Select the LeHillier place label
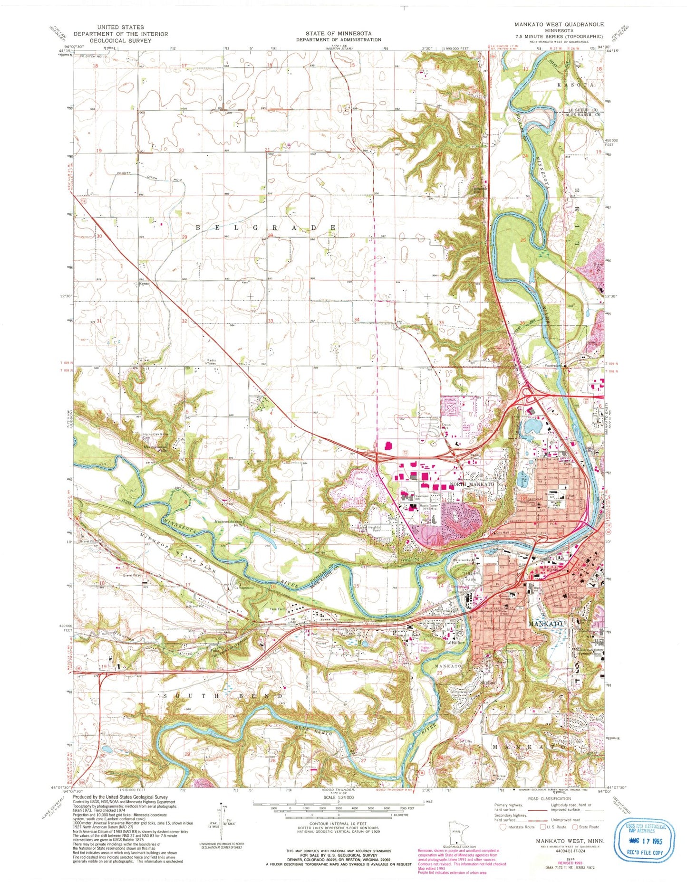point(455,643)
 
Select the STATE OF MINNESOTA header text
point(339,33)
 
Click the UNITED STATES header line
point(121,27)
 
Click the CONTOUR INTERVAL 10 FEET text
point(338,824)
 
